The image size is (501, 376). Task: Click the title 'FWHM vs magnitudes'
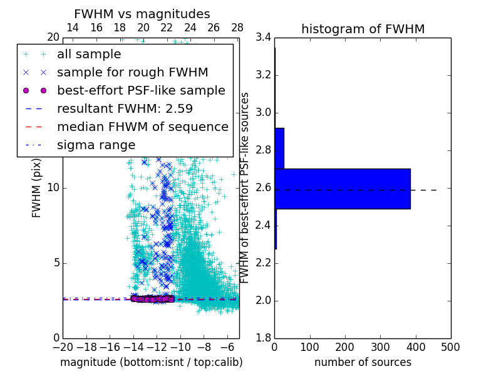click(142, 14)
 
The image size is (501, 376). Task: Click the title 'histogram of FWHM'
click(363, 29)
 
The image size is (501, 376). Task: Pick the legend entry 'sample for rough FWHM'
click(132, 72)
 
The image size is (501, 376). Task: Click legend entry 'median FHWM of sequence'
click(142, 127)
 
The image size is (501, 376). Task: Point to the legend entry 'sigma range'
click(96, 145)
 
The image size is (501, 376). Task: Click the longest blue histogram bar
click(342, 189)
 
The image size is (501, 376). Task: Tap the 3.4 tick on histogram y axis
click(264, 38)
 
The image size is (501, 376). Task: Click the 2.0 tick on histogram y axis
click(264, 300)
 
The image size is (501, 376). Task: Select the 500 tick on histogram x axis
click(450, 347)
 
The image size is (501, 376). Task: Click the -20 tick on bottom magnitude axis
click(63, 347)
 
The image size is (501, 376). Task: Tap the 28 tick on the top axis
click(237, 28)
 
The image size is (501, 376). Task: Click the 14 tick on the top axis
click(73, 28)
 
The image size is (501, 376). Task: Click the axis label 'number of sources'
click(363, 362)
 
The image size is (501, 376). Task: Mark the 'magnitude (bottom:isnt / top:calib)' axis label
click(151, 362)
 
